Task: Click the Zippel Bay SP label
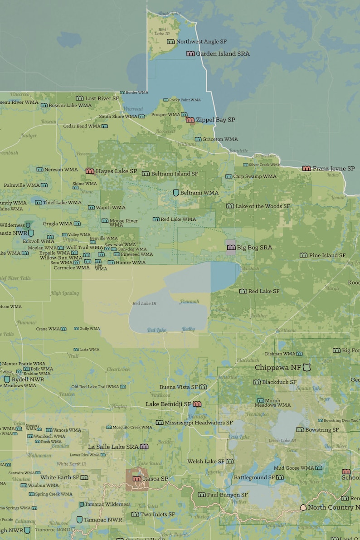[215, 120]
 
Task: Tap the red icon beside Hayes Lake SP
[90, 171]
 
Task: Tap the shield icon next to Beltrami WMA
[176, 193]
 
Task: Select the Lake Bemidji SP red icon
[197, 404]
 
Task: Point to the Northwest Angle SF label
[201, 42]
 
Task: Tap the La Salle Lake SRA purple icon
[144, 447]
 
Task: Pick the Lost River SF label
[102, 98]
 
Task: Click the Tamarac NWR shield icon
[80, 520]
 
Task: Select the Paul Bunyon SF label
[228, 495]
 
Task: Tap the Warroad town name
[133, 109]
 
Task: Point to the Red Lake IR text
[144, 303]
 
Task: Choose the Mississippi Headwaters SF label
[199, 423]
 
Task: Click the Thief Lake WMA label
[62, 202]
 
